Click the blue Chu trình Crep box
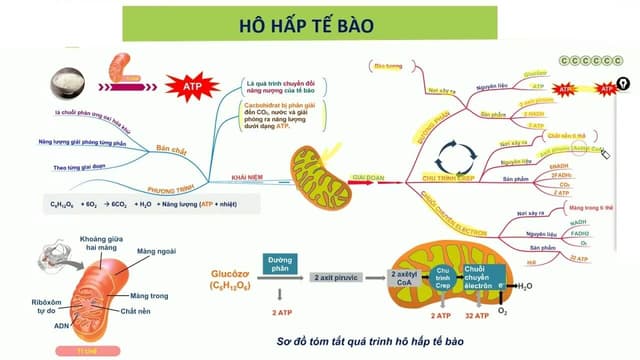point(443,277)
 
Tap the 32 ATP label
point(478,316)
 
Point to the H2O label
point(524,286)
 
